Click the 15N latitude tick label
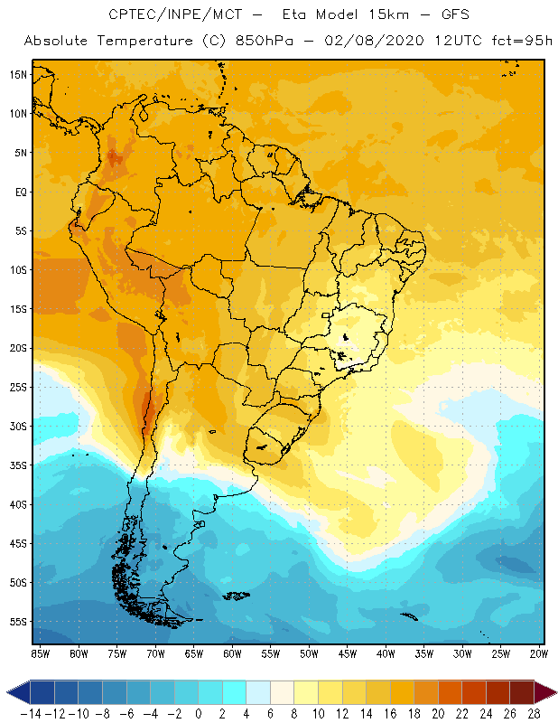18,74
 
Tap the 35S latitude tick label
18,465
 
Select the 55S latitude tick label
18,621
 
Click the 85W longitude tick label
40,653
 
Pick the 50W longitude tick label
309,653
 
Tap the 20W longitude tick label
539,653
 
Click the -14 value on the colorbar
31,713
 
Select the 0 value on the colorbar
199,713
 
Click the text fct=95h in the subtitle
517,42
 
